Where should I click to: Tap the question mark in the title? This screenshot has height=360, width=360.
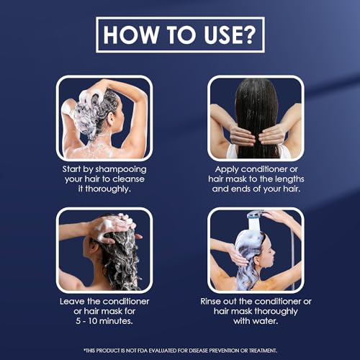[x=247, y=35]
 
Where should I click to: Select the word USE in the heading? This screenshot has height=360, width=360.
[x=221, y=35]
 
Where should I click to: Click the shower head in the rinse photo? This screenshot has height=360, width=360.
[x=256, y=215]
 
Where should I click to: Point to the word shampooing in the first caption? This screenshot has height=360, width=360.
[x=121, y=170]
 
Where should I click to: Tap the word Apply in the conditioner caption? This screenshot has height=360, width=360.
[x=227, y=170]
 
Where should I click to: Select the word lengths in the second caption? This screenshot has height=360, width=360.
[x=289, y=179]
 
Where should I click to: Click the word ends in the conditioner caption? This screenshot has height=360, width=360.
[x=240, y=189]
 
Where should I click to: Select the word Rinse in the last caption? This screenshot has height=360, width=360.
[x=210, y=302]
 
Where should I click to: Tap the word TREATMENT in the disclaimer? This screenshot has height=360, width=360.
[x=263, y=351]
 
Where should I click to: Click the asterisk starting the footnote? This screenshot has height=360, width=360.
[x=84, y=350]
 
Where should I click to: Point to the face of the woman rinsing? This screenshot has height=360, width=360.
[x=269, y=251]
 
